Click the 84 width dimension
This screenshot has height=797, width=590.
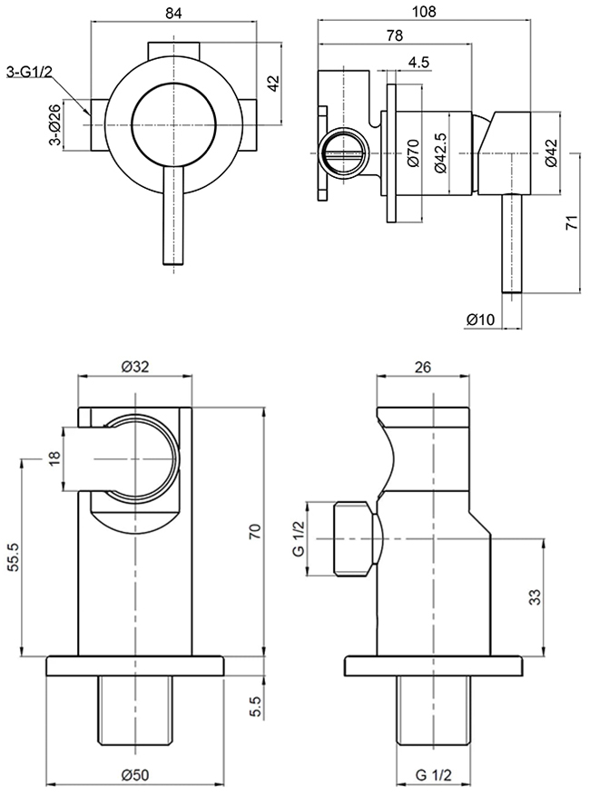click(x=172, y=13)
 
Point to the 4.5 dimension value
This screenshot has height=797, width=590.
click(x=419, y=62)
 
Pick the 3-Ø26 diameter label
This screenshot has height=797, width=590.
click(x=54, y=126)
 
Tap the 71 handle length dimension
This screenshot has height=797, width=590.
click(x=572, y=223)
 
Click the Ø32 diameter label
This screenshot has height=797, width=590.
click(x=135, y=367)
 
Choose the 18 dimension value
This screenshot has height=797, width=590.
click(x=54, y=461)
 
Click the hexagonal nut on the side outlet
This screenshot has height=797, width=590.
click(x=352, y=538)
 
